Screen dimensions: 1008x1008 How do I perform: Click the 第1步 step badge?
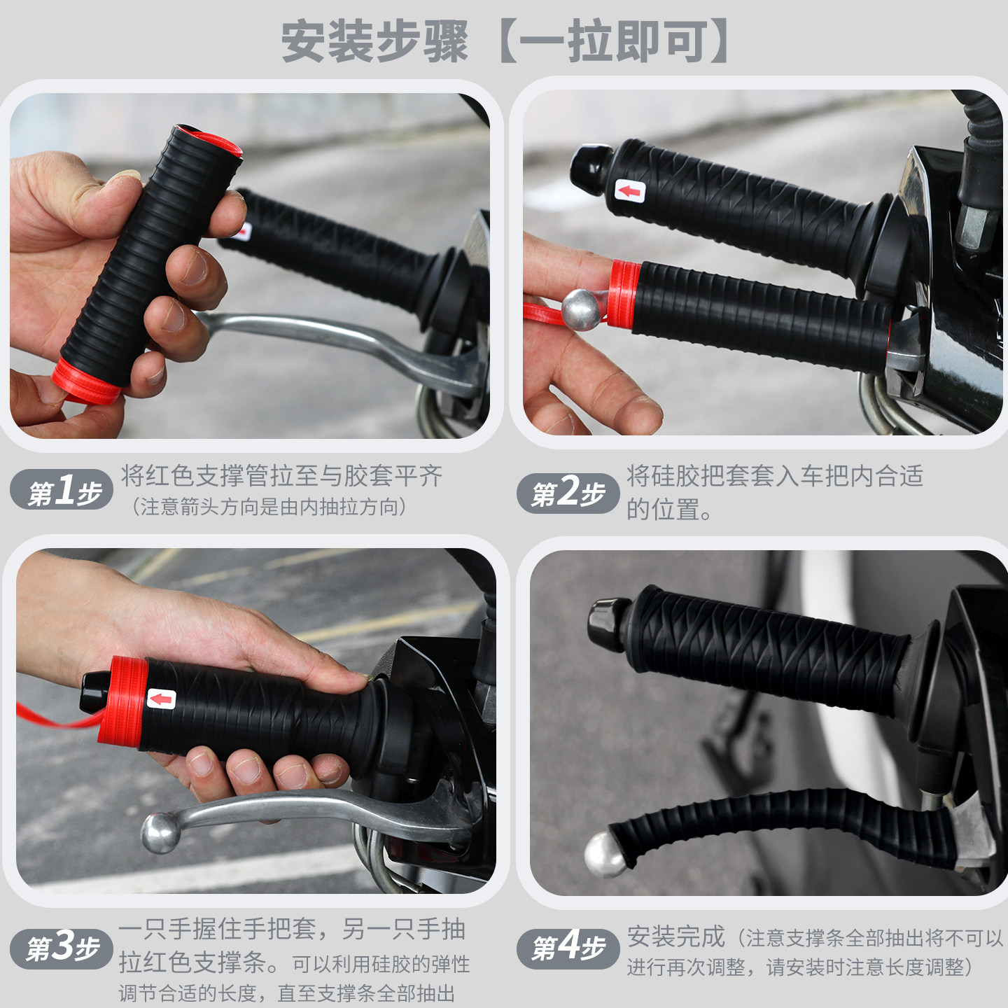tap(62, 491)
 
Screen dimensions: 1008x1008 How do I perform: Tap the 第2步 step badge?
tap(568, 493)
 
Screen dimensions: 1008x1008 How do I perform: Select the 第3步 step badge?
tap(62, 948)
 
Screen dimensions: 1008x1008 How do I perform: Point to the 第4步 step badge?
tap(568, 948)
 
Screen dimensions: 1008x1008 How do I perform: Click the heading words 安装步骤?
tap(374, 42)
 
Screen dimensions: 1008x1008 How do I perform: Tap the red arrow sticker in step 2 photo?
tap(629, 190)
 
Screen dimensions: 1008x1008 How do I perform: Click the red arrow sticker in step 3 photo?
tap(162, 699)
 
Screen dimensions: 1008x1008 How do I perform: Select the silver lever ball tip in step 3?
tap(160, 832)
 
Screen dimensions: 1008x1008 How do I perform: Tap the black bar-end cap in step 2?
tap(590, 168)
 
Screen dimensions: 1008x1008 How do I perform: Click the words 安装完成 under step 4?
tap(675, 937)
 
